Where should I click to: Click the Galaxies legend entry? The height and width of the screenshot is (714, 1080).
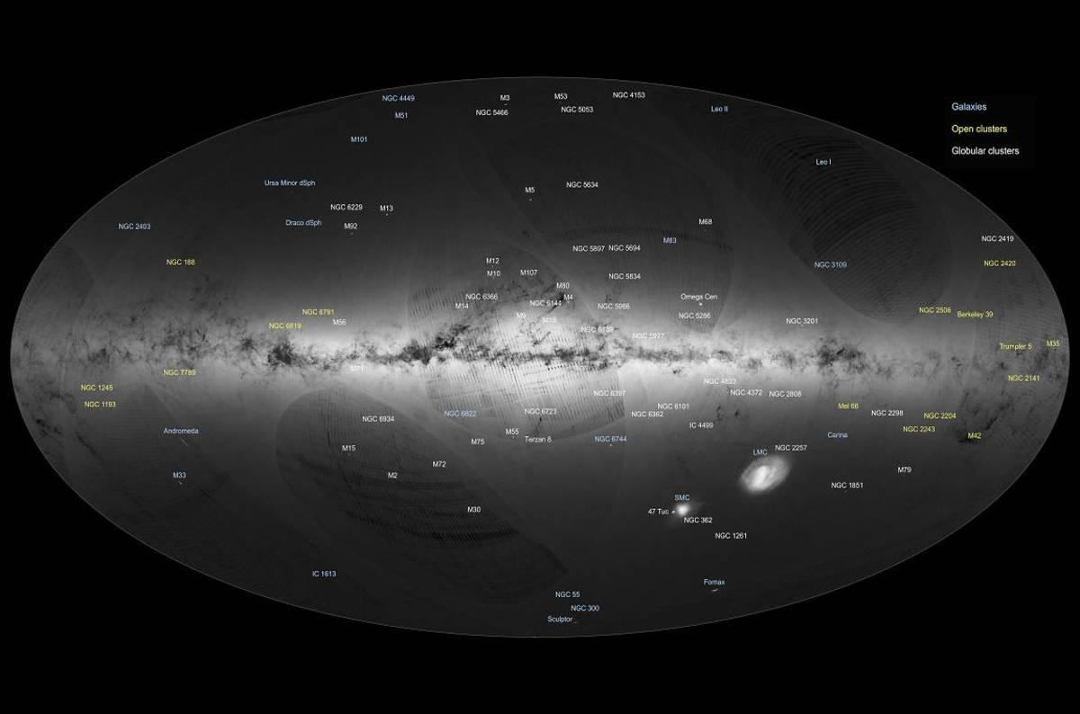click(968, 107)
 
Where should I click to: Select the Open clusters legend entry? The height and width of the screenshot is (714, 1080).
click(979, 129)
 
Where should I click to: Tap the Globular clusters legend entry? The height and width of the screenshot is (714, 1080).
click(985, 151)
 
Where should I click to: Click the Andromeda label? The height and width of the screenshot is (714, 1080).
click(181, 431)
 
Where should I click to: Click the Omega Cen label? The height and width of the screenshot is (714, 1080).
click(698, 297)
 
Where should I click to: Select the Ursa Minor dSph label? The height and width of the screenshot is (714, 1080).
click(290, 183)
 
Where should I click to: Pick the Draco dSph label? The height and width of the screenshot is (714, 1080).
click(303, 222)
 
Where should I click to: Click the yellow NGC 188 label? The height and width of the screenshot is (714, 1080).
click(180, 263)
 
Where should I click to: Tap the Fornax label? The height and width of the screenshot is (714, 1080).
click(714, 582)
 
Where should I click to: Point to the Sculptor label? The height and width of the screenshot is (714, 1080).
click(560, 620)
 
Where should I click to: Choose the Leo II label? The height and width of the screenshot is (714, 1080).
click(719, 109)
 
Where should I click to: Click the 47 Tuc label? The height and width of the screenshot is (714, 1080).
click(658, 512)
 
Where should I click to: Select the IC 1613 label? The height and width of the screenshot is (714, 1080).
click(324, 573)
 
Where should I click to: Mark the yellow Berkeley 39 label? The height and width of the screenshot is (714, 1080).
click(975, 315)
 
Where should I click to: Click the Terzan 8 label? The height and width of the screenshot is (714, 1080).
click(537, 439)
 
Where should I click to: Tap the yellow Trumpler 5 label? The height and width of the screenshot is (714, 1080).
click(1015, 346)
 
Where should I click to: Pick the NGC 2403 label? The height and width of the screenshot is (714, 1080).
click(134, 227)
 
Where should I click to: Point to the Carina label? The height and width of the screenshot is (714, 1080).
click(837, 435)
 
